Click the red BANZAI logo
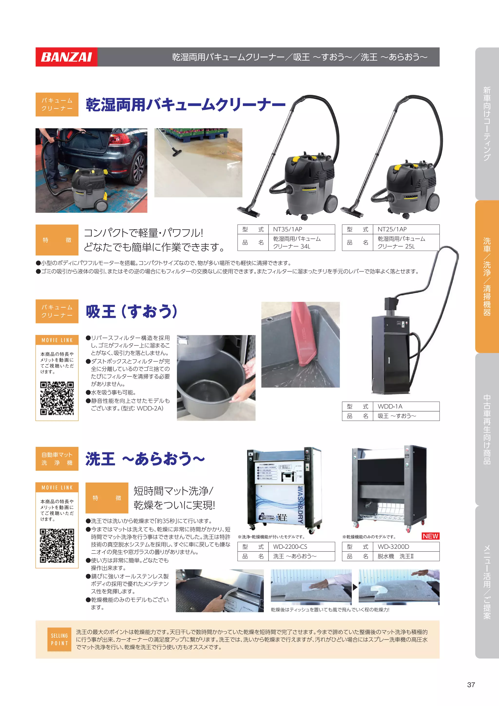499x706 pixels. pos(66,57)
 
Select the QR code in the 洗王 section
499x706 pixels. pos(57,546)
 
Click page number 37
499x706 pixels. pos(471,685)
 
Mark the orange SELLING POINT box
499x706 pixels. pos(59,639)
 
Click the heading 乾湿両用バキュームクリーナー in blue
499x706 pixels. pos(185,105)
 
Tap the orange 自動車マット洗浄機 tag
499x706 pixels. pos(57,459)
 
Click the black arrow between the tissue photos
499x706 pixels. pos(355,587)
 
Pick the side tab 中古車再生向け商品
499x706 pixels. pos(487,429)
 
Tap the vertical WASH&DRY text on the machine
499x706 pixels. pos(300,505)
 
